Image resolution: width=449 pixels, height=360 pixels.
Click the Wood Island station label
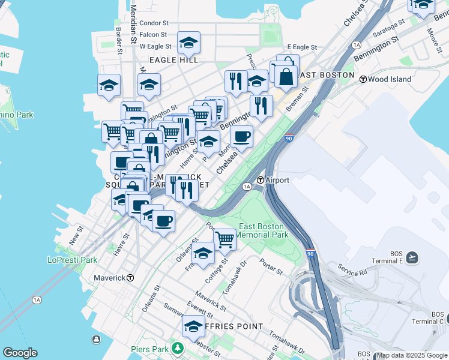(x=390, y=79)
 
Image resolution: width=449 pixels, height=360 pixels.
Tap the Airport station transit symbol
(x=261, y=180)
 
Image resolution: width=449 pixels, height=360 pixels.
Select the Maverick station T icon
(x=130, y=278)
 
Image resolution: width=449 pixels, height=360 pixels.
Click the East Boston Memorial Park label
(x=264, y=231)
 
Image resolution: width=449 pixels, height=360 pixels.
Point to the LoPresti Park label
(x=72, y=260)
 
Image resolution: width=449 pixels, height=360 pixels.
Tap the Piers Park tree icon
(x=176, y=347)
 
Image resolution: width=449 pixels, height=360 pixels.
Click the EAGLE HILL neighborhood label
(x=173, y=60)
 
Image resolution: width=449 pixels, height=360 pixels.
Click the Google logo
(x=20, y=353)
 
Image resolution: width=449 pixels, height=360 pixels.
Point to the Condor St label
(x=154, y=23)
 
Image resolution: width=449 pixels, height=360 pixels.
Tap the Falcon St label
(x=153, y=35)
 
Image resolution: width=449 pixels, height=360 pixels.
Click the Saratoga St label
(x=388, y=28)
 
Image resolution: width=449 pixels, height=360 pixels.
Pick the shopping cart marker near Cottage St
(x=224, y=239)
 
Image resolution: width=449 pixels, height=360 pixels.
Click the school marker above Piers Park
(x=193, y=326)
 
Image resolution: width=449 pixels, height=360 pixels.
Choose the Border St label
(x=119, y=40)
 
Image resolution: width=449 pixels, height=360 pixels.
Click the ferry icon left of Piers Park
(x=96, y=339)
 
